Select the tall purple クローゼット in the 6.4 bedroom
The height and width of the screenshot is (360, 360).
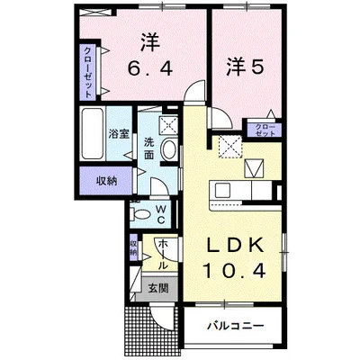(x=88, y=70)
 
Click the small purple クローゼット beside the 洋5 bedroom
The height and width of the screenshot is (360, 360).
(x=265, y=129)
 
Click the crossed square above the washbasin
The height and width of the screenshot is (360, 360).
(x=168, y=126)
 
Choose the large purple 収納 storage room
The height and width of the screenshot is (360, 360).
(x=106, y=180)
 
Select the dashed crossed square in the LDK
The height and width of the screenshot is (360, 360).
(x=229, y=144)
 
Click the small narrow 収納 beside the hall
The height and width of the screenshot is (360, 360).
(x=134, y=247)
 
